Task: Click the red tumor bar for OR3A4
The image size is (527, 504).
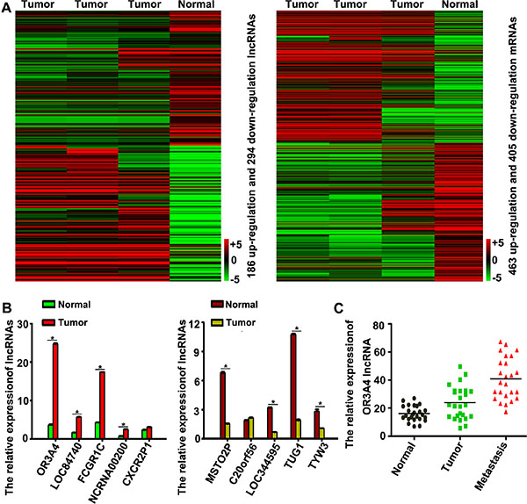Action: coord(55,391)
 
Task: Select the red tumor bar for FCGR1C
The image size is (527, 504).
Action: coord(102,405)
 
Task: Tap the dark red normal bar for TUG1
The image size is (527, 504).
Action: coord(293,386)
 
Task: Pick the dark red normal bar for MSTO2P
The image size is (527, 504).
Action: coord(222,405)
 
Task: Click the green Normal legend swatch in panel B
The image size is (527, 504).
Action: coord(48,305)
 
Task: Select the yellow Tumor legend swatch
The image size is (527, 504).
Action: coord(217,322)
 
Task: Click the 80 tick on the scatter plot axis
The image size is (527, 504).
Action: coord(379,325)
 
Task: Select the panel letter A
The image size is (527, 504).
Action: coord(6,7)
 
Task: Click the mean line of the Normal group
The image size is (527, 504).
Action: coord(414,414)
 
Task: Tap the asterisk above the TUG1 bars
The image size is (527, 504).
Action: coord(297,328)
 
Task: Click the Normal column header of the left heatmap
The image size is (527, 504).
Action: coord(196,4)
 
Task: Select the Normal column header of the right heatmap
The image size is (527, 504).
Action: coord(459,4)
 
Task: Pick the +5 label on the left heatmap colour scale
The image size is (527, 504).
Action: coord(236,244)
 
